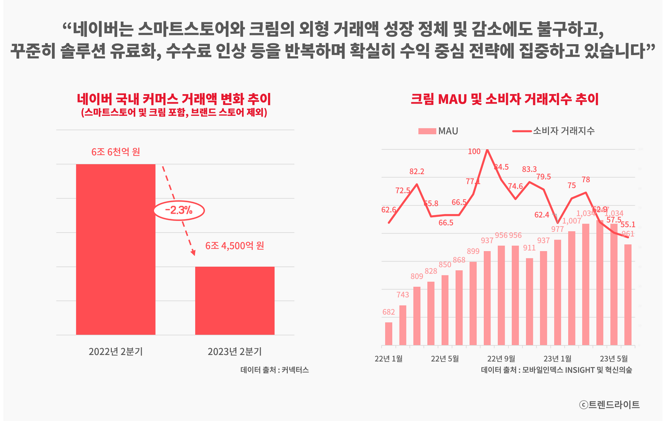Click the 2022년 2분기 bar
point(116,249)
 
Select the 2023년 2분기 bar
point(235,300)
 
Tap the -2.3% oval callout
point(179,210)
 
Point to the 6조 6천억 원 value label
point(116,152)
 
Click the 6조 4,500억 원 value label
point(235,245)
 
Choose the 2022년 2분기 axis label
point(116,351)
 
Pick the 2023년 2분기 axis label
point(235,351)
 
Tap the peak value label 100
point(475,152)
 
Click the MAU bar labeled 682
point(389,334)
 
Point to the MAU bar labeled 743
point(403,325)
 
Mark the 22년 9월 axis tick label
point(501,358)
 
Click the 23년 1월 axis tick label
point(558,358)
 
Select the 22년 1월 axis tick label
point(389,358)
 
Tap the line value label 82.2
point(417,172)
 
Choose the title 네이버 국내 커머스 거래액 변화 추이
point(174,99)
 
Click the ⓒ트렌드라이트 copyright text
point(609,404)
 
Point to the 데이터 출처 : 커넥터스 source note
point(275,370)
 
